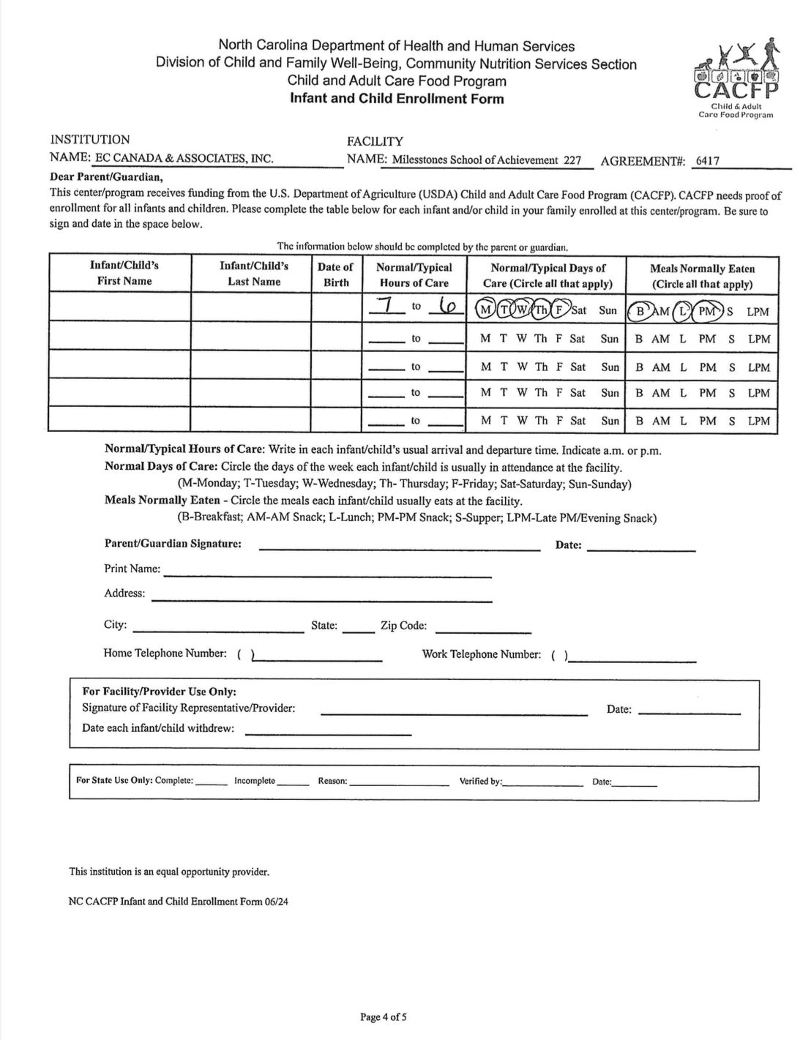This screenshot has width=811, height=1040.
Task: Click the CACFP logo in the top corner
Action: (735, 79)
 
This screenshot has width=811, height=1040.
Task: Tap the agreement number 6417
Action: (708, 161)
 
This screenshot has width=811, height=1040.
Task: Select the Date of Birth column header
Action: (335, 274)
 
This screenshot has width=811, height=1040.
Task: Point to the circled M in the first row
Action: (485, 310)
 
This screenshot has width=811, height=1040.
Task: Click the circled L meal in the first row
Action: (682, 310)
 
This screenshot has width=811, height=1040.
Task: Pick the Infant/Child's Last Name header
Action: (253, 274)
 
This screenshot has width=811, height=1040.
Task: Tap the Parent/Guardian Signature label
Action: (173, 544)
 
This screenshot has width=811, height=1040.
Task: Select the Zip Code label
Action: (403, 626)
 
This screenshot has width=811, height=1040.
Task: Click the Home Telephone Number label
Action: (165, 654)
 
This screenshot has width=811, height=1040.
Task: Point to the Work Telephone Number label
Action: (481, 654)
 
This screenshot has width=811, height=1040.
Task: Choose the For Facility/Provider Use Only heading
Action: (159, 692)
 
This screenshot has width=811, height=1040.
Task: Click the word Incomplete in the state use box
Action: (255, 781)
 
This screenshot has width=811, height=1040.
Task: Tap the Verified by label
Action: (480, 781)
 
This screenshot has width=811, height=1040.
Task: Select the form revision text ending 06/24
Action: (179, 902)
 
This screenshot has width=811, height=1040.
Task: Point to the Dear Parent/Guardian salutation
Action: (106, 177)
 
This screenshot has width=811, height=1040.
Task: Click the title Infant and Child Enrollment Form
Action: (397, 99)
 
